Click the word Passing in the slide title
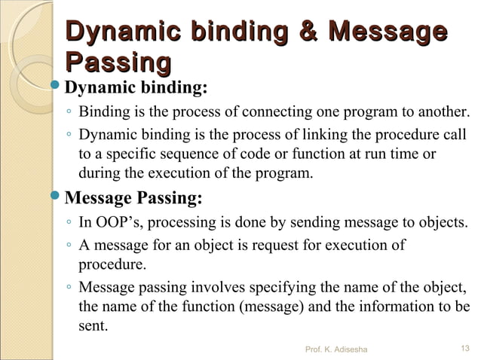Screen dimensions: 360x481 pos(117,62)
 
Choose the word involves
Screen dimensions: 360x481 pos(228,288)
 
